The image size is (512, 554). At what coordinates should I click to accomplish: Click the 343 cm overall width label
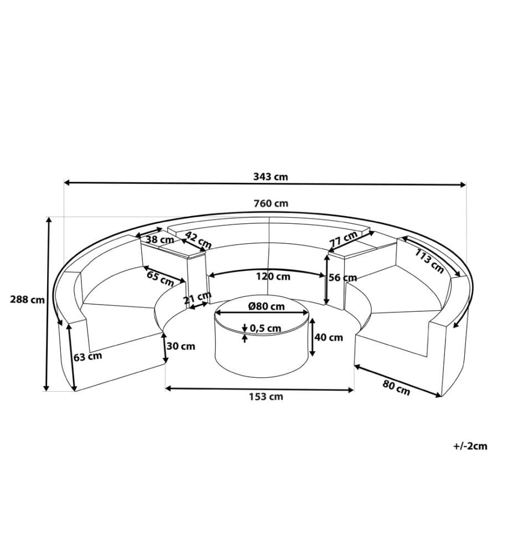pyautogui.click(x=270, y=176)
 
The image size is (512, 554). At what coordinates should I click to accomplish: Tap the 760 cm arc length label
pyautogui.click(x=271, y=203)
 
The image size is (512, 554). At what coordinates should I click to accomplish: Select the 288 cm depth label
pyautogui.click(x=27, y=300)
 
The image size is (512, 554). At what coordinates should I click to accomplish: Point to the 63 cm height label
pyautogui.click(x=88, y=356)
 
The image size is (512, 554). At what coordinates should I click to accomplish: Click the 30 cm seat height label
pyautogui.click(x=181, y=346)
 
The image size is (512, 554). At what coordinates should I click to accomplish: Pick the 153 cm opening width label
pyautogui.click(x=266, y=397)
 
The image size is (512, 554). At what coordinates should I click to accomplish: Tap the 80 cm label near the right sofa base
pyautogui.click(x=396, y=388)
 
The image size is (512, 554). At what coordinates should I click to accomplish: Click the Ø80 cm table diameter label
pyautogui.click(x=267, y=306)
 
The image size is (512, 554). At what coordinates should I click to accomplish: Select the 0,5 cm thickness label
pyautogui.click(x=265, y=328)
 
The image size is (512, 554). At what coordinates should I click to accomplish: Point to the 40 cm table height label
pyautogui.click(x=329, y=337)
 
